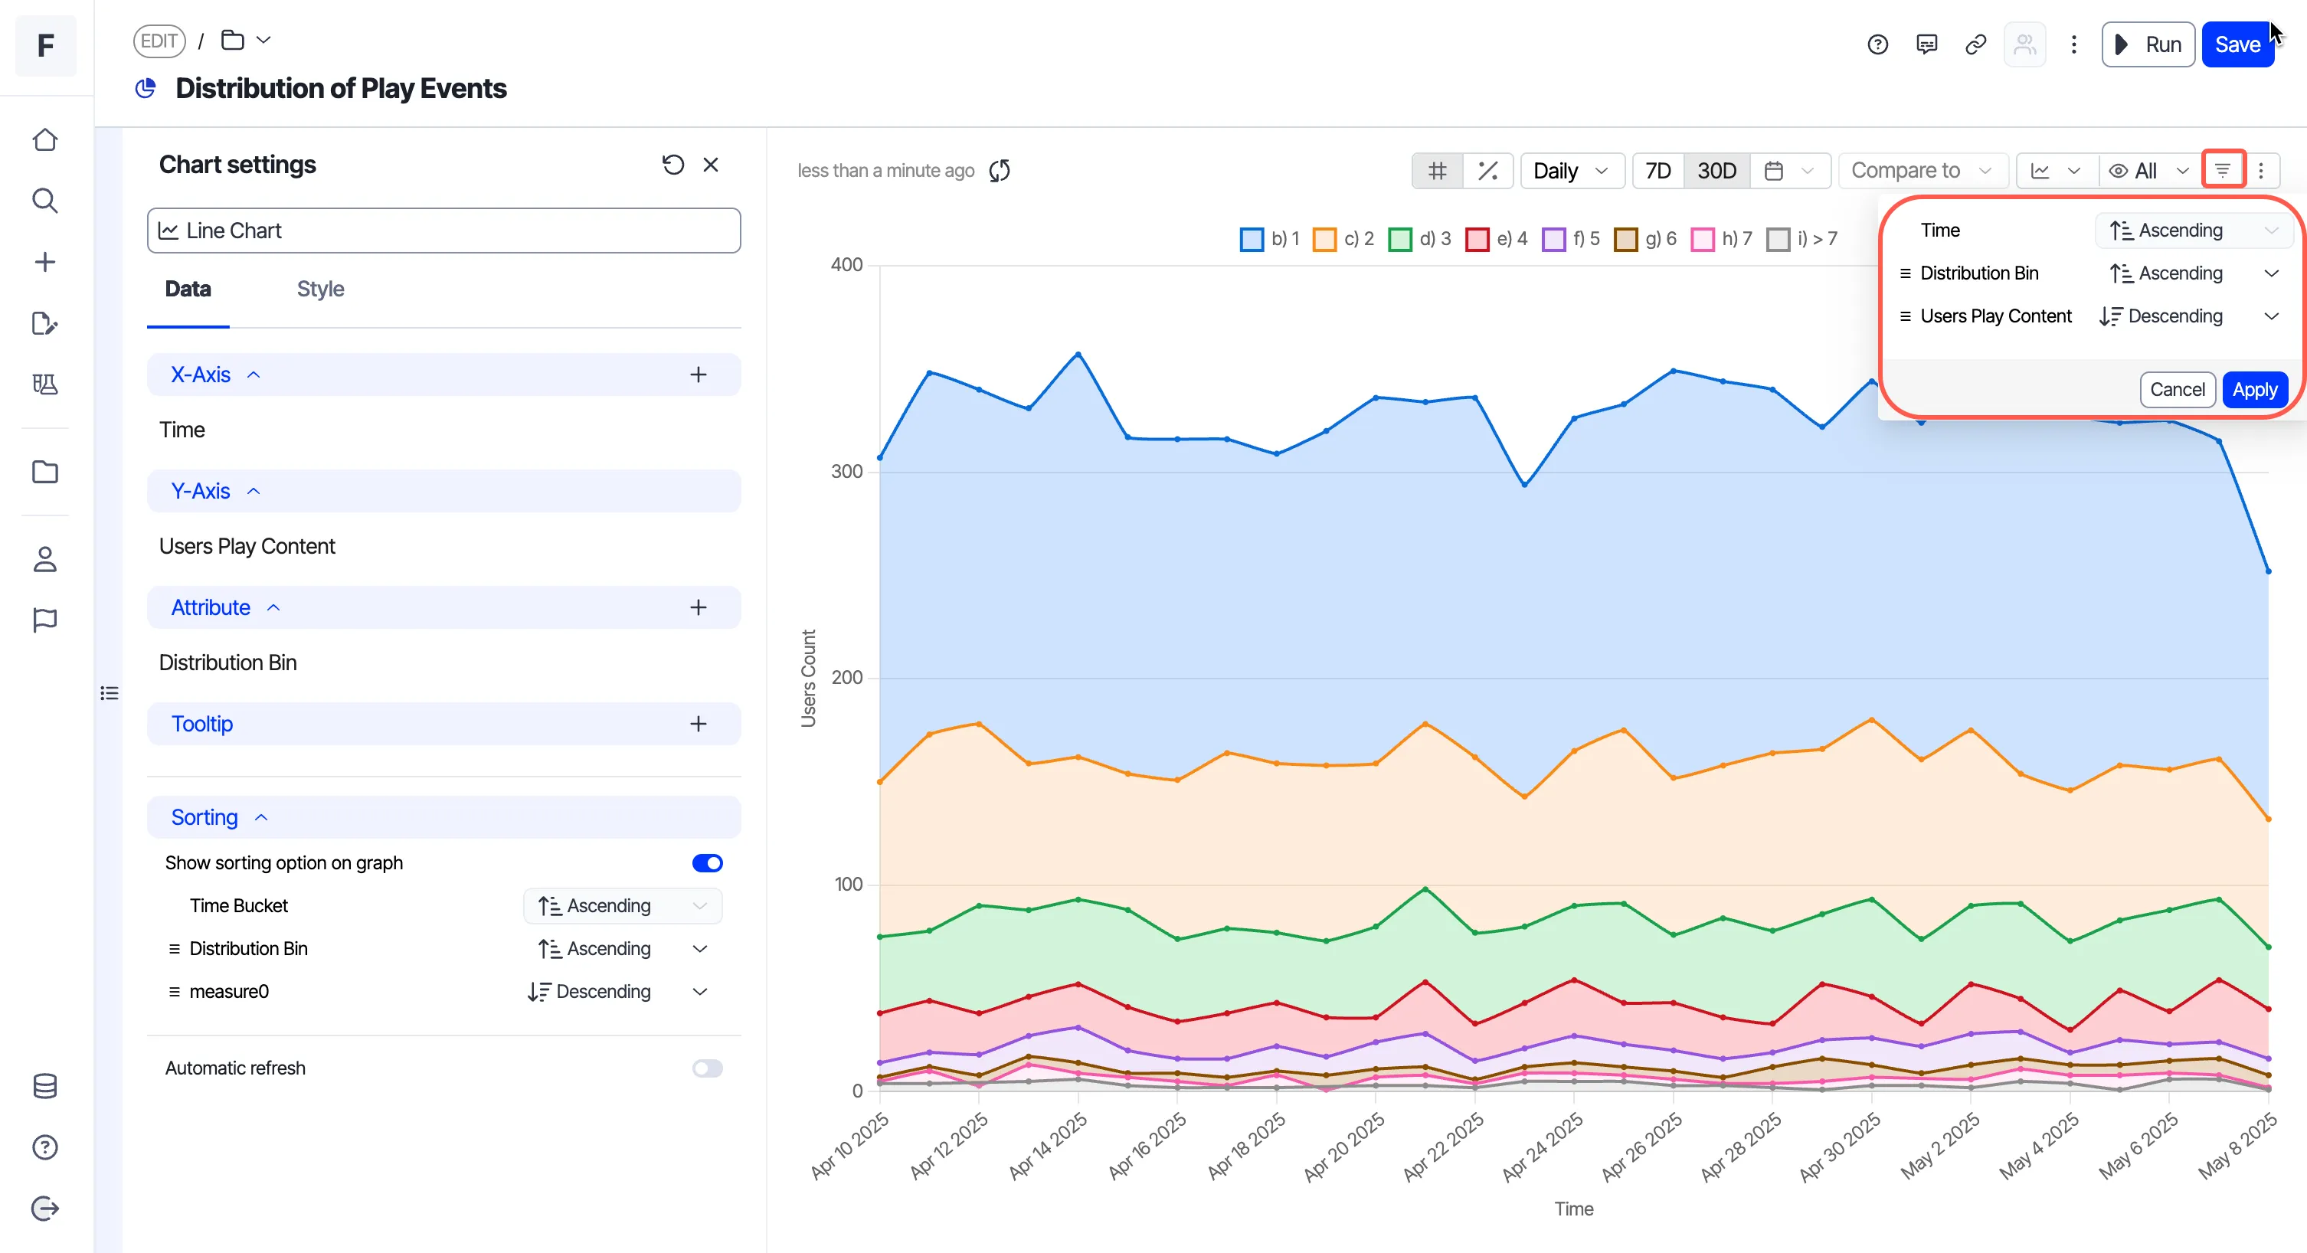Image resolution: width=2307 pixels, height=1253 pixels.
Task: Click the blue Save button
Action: [x=2237, y=44]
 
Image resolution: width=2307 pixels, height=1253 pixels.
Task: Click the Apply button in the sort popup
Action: [x=2254, y=390]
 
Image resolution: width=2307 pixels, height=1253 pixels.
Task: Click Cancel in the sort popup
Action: [x=2177, y=390]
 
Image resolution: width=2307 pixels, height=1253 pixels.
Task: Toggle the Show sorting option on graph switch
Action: [x=708, y=862]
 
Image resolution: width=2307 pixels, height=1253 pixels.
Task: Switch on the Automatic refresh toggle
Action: [x=708, y=1068]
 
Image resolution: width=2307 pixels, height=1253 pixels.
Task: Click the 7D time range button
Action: [x=1657, y=170]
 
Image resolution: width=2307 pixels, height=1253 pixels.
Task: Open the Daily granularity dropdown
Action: [x=1572, y=170]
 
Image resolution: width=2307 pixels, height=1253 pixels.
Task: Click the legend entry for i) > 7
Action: [x=1802, y=238]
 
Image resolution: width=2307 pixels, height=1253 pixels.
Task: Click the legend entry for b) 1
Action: [x=1269, y=238]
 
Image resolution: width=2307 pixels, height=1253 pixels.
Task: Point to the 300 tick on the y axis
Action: [x=846, y=471]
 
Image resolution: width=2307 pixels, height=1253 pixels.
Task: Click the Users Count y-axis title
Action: [x=808, y=678]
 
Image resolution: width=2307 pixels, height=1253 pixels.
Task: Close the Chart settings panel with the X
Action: [x=711, y=165]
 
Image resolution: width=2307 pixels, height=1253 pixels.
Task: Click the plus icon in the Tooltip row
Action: [x=699, y=724]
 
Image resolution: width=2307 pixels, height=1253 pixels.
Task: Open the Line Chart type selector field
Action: [x=443, y=231]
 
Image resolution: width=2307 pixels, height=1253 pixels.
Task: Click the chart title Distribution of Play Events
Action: [x=340, y=88]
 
